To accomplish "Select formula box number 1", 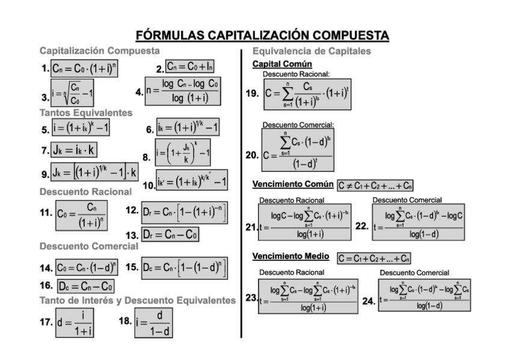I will (x=84, y=69).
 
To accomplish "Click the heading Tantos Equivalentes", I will (x=86, y=112).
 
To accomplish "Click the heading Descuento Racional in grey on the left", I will (x=85, y=192).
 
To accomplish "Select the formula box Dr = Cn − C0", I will (x=171, y=233).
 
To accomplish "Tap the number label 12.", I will (x=132, y=210).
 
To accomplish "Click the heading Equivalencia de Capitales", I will (x=312, y=51).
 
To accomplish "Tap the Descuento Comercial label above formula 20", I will (x=298, y=125).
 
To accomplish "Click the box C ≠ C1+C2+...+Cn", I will (x=375, y=185).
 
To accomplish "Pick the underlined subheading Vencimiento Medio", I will (x=290, y=257).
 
